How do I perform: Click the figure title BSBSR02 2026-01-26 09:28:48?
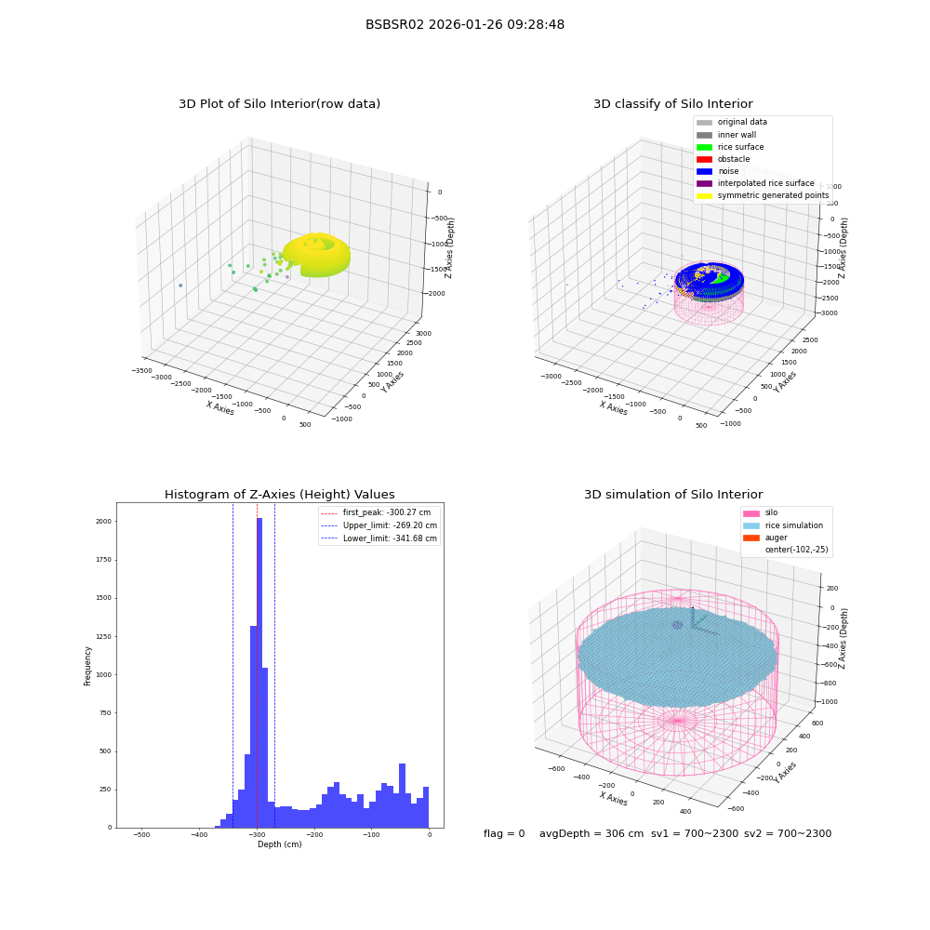click(464, 25)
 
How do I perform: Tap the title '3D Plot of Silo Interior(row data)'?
click(279, 104)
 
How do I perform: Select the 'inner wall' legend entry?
click(726, 135)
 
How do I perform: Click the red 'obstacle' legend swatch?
click(704, 159)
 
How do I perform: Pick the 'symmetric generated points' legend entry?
click(763, 195)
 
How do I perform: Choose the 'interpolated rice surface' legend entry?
click(755, 183)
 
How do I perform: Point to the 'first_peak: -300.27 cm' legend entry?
click(376, 512)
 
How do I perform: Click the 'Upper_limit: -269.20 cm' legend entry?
click(379, 525)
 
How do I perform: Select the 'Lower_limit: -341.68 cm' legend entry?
click(379, 538)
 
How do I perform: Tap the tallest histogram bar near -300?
click(259, 672)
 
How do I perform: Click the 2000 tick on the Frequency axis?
click(103, 522)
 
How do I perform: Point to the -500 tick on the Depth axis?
click(141, 834)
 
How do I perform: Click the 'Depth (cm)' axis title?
click(279, 844)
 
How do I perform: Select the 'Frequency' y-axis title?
click(87, 666)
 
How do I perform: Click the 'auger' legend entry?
click(765, 538)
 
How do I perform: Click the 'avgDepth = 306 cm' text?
click(591, 834)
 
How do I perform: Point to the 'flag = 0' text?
click(504, 834)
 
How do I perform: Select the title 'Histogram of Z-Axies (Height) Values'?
click(279, 495)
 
